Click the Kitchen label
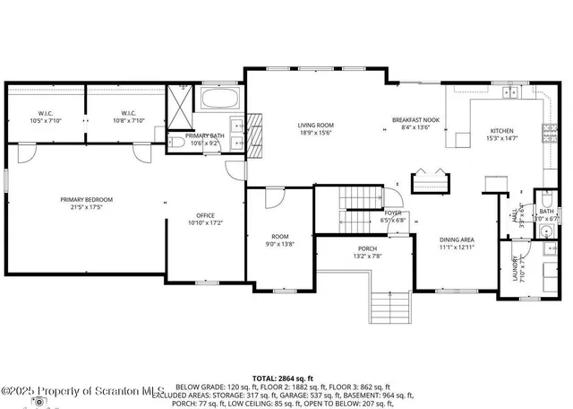click(500, 135)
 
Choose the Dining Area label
click(456, 243)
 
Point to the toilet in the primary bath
click(175, 143)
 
